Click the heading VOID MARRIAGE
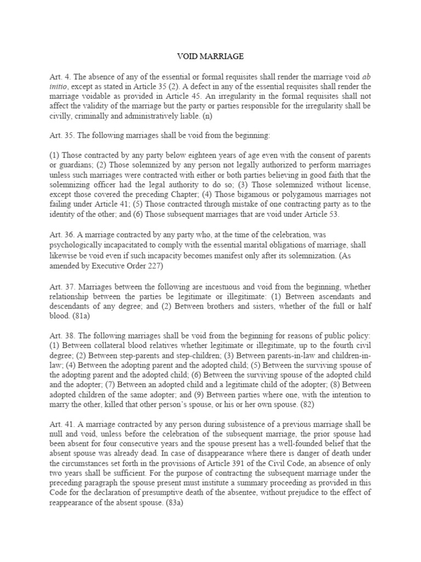coord(210,56)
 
